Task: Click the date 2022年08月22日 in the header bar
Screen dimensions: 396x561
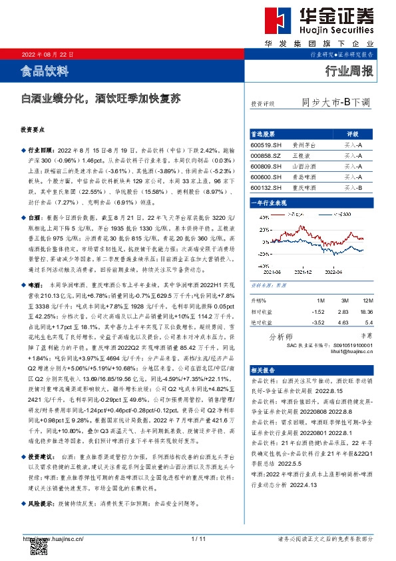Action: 47,54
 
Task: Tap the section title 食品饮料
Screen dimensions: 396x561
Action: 45,69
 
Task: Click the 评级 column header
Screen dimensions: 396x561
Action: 353,133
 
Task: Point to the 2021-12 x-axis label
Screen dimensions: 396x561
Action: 302,271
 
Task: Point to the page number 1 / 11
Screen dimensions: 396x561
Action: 198,538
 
